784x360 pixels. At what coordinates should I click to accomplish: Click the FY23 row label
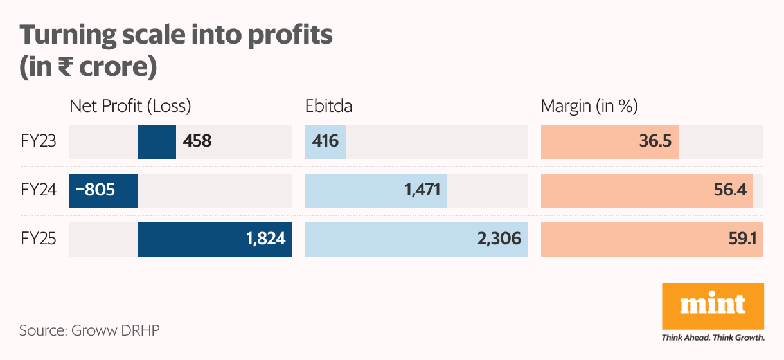point(39,140)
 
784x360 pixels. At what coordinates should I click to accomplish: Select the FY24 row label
point(39,190)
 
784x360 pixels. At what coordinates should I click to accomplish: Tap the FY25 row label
point(39,239)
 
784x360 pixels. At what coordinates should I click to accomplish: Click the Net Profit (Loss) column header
point(130,106)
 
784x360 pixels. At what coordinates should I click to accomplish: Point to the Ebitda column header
point(328,106)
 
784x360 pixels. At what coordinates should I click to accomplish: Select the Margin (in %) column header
point(589,106)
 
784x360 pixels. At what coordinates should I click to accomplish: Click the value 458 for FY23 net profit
point(197,140)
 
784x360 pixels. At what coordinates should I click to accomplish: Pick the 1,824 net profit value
point(265,240)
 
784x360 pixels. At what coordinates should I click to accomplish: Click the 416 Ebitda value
point(326,140)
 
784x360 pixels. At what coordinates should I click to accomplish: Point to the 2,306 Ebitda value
point(499,240)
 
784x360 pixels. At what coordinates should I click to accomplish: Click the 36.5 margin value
point(655,140)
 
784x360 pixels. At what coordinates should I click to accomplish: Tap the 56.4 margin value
point(731,190)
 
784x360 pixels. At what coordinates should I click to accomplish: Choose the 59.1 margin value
point(742,240)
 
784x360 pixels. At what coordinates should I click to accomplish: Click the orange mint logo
point(713,305)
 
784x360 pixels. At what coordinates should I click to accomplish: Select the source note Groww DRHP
point(89,330)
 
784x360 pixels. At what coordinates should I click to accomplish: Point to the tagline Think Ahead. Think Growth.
point(713,337)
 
